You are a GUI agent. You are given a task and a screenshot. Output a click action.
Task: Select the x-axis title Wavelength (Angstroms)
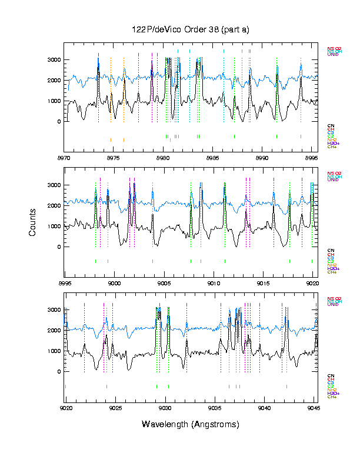click(191, 424)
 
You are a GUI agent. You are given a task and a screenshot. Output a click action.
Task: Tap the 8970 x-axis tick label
click(64, 158)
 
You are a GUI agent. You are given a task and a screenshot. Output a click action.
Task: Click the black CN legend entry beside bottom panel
click(331, 376)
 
